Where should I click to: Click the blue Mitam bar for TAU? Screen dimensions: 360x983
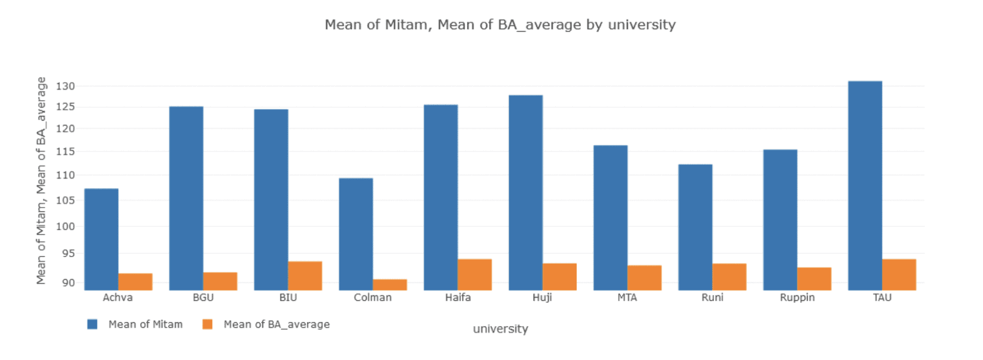tap(865, 185)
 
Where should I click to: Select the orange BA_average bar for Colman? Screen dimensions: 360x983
tap(390, 285)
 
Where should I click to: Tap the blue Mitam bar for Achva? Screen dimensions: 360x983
tap(101, 239)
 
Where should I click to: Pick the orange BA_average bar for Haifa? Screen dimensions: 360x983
tap(475, 275)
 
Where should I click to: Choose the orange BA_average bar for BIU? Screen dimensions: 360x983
tap(305, 276)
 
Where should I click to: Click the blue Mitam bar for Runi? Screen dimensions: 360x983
tap(695, 227)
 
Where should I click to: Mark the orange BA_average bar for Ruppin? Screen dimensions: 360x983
tap(814, 279)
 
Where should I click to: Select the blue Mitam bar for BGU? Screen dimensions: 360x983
tap(186, 198)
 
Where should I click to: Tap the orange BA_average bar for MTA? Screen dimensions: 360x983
tap(645, 278)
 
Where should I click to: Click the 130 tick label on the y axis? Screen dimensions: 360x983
tap(65, 86)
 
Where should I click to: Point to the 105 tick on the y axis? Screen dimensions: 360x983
tap(65, 200)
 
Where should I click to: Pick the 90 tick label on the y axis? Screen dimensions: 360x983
tap(68, 282)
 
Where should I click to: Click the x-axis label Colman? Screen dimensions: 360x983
tap(372, 297)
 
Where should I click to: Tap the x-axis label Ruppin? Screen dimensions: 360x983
tap(797, 297)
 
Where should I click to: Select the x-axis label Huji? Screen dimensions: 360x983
tap(542, 297)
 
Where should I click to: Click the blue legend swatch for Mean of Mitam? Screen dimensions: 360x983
tap(93, 324)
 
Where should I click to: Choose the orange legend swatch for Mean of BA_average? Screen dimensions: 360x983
tap(207, 324)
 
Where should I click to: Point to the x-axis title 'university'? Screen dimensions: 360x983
tap(500, 329)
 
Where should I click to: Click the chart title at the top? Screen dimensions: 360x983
tap(500, 25)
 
